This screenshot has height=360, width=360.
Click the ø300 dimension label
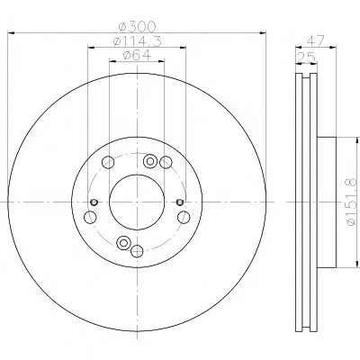[138, 27]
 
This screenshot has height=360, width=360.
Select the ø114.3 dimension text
[138, 41]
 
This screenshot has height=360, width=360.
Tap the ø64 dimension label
[137, 55]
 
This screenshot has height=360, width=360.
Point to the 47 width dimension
[316, 40]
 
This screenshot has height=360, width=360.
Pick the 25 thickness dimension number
[307, 57]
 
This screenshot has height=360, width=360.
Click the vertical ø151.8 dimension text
[351, 202]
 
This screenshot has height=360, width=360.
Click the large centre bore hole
[137, 202]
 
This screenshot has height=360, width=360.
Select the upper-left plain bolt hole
[108, 163]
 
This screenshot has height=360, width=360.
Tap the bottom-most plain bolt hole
[137, 251]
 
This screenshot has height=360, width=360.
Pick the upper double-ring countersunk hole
[150, 161]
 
